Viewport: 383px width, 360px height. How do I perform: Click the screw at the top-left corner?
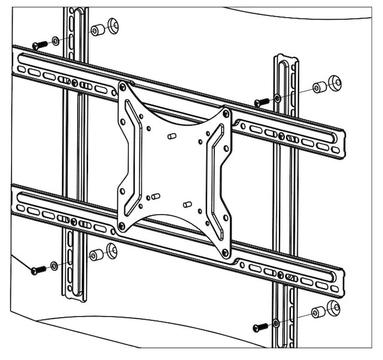pyautogui.click(x=39, y=45)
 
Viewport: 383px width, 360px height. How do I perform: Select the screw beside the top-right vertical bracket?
pyautogui.click(x=261, y=102)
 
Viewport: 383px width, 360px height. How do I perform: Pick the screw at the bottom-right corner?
pyautogui.click(x=260, y=327)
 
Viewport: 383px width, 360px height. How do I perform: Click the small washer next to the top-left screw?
pyautogui.click(x=55, y=41)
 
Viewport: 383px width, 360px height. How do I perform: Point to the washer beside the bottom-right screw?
pyautogui.click(x=275, y=323)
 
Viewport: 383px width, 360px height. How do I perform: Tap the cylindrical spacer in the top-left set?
pyautogui.click(x=96, y=30)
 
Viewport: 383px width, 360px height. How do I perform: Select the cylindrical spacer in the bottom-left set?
pyautogui.click(x=95, y=255)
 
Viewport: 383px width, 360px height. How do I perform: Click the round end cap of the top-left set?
pyautogui.click(x=112, y=26)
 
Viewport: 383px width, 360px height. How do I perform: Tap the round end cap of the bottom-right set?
pyautogui.click(x=333, y=308)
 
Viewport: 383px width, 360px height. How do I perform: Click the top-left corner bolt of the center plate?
pyautogui.click(x=123, y=87)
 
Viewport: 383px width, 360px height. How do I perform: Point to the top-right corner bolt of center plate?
pyautogui.click(x=226, y=112)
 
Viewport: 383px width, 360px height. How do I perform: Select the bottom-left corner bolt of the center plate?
pyautogui.click(x=122, y=225)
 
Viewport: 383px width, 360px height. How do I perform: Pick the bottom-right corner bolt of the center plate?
pyautogui.click(x=226, y=253)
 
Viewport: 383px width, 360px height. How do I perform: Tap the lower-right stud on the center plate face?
pyautogui.click(x=187, y=205)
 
